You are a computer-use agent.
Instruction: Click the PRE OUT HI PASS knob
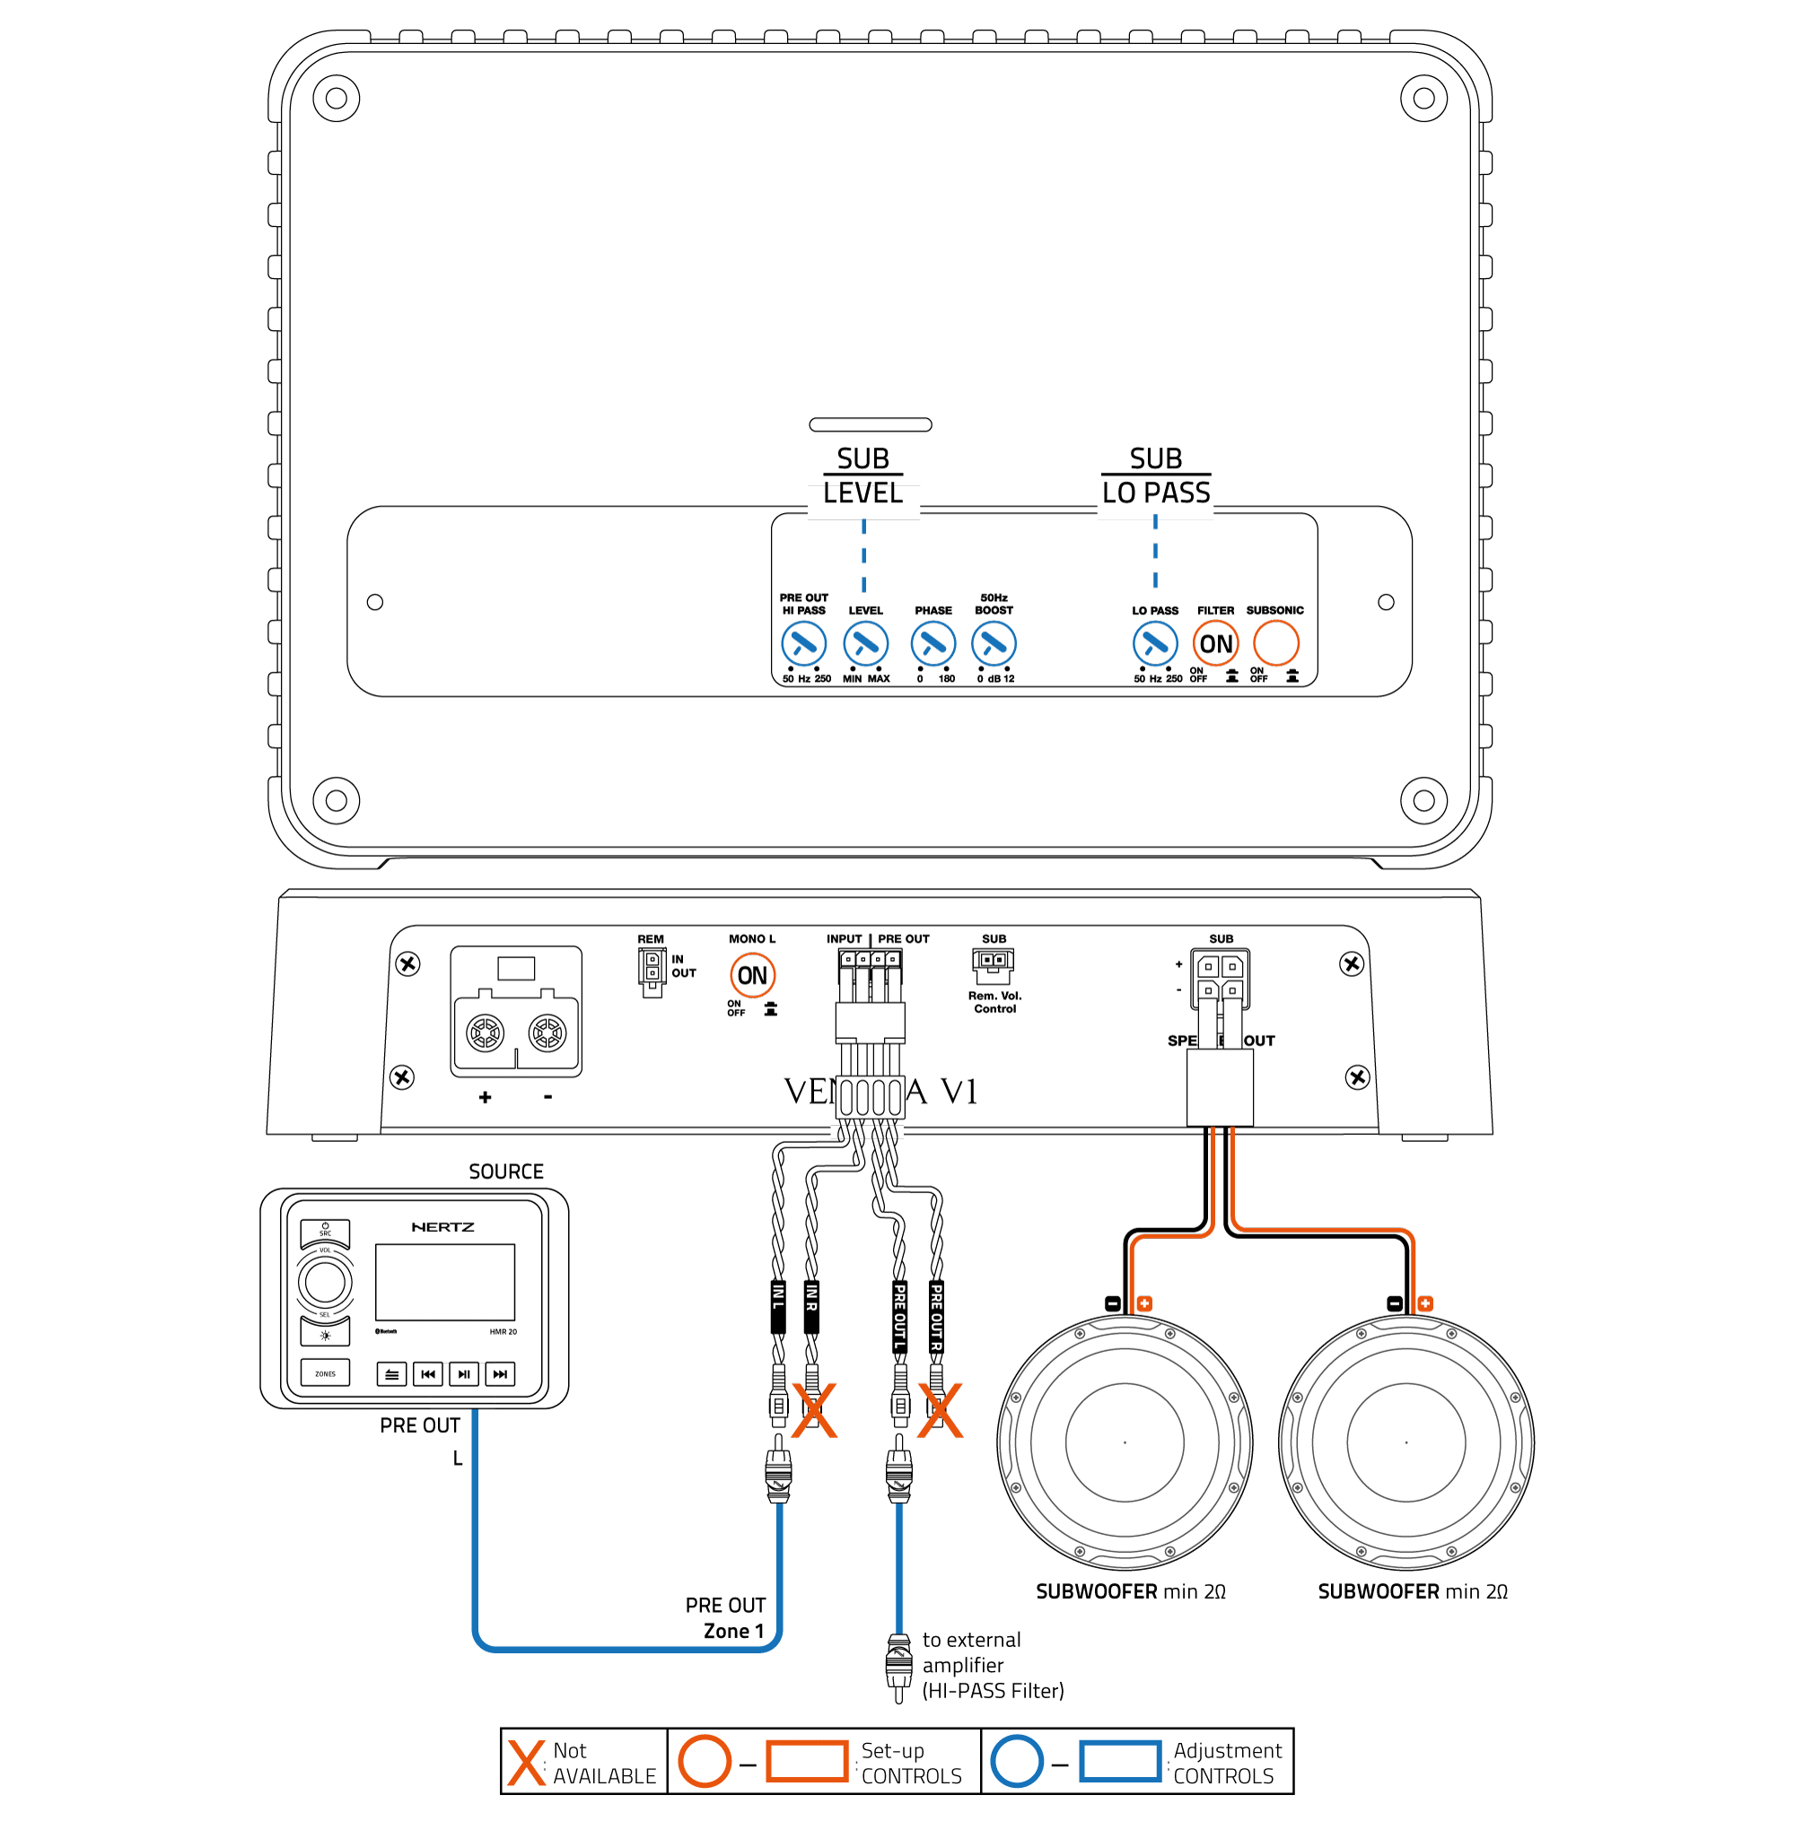point(803,645)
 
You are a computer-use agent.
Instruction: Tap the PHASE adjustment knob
point(933,645)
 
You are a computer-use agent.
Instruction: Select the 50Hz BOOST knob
point(994,645)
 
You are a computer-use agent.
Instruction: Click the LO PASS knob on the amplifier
point(1155,645)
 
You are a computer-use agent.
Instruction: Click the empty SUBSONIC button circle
point(1275,645)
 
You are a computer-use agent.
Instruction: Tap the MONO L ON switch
point(752,975)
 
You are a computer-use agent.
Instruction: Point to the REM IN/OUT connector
point(652,971)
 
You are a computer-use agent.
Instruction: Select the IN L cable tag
point(779,1306)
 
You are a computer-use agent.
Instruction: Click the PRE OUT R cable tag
point(936,1316)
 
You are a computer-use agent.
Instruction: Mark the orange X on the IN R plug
point(815,1411)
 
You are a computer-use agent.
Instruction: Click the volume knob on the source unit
point(325,1282)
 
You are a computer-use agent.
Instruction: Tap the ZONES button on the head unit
point(325,1373)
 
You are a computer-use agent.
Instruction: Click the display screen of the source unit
point(445,1282)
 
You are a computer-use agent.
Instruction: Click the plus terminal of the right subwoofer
point(1425,1303)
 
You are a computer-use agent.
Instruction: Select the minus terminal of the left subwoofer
point(1112,1303)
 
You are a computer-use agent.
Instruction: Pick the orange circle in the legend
point(705,1760)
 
